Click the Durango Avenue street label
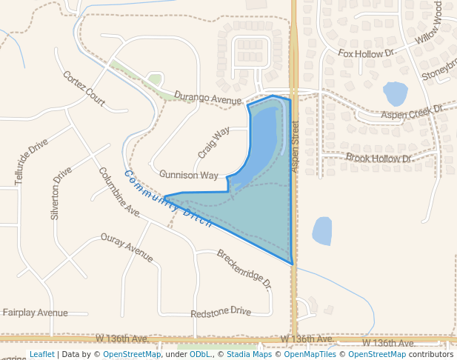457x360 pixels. pos(209,98)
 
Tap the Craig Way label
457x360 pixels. pos(213,142)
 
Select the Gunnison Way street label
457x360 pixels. pos(189,176)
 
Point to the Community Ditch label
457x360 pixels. pos(168,199)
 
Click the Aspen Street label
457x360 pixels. pos(295,146)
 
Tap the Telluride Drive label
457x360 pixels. pos(31,161)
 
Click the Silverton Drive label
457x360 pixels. pos(61,193)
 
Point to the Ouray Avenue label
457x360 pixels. pos(127,247)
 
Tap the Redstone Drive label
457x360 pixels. pos(221,312)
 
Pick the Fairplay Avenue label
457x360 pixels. pos(35,313)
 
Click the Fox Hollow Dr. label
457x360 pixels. pos(367,53)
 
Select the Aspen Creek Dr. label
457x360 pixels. pos(412,112)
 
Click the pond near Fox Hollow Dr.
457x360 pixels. pos(395,94)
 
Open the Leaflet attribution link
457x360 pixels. pos(41,355)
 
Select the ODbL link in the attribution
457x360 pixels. pos(200,355)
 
